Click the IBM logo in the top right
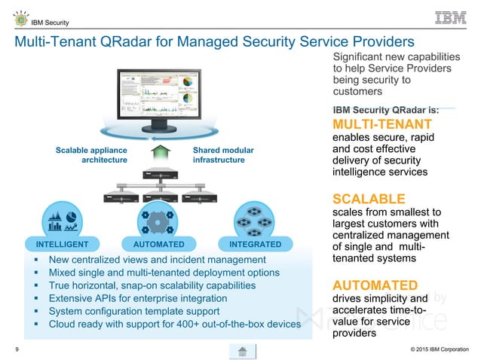tap(451, 18)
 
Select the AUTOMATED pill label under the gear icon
tap(158, 245)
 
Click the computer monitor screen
tap(158, 98)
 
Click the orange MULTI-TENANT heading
tap(382, 124)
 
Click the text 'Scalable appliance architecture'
tap(91, 155)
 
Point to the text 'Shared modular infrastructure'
tap(224, 155)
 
